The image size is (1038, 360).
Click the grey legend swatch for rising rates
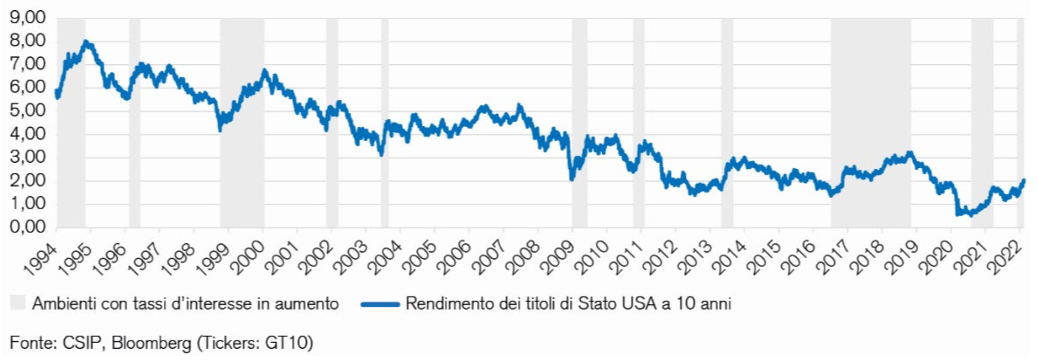click(x=17, y=303)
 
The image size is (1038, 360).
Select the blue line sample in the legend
click(x=379, y=304)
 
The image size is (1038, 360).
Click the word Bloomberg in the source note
click(x=151, y=343)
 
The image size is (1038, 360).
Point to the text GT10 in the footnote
click(x=288, y=343)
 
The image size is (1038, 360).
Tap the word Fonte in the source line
click(x=33, y=343)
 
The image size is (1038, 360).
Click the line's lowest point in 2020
click(x=971, y=215)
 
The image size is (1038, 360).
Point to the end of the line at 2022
click(x=1024, y=180)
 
